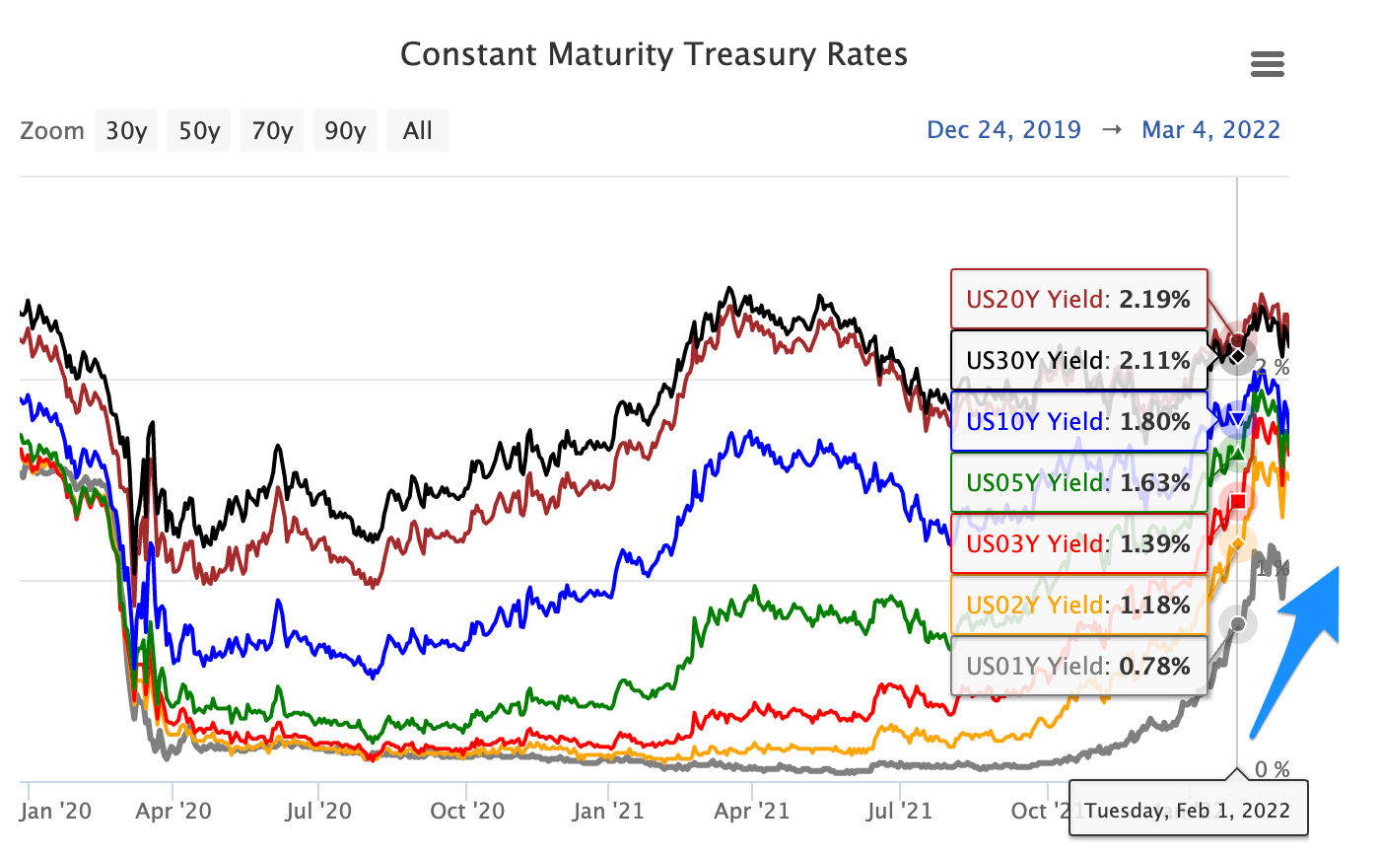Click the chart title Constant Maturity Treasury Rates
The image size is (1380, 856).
tap(654, 54)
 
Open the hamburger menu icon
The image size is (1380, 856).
tap(1267, 65)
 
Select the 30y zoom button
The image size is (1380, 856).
tap(126, 130)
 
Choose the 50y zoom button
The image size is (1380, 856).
tap(199, 130)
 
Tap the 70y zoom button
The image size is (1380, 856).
tap(272, 130)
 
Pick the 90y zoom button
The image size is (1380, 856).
tap(345, 130)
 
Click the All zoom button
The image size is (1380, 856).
tap(418, 130)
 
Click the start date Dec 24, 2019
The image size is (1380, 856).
tap(1003, 129)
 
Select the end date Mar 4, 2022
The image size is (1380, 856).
tap(1210, 129)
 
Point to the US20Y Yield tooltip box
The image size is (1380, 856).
tap(1078, 299)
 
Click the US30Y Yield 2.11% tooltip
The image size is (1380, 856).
tap(1078, 360)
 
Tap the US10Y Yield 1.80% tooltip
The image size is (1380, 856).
tap(1078, 421)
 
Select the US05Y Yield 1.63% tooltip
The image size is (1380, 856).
tap(1078, 482)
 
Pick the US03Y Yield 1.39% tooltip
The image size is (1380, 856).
tap(1078, 543)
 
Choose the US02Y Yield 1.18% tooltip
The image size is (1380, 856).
tap(1078, 605)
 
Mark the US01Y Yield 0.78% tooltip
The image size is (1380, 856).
tap(1078, 666)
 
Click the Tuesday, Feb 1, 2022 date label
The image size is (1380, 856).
tap(1188, 810)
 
